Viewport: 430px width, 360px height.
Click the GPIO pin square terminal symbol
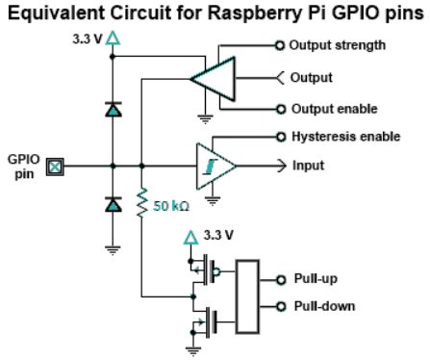click(x=56, y=167)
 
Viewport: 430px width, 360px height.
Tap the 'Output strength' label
click(x=337, y=44)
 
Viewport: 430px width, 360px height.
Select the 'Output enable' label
click(x=333, y=109)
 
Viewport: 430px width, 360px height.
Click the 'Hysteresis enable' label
click(x=344, y=137)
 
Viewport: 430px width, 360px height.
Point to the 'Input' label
click(x=308, y=166)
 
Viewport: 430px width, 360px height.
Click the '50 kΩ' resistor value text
click(x=173, y=205)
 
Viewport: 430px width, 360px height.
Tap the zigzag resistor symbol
click(x=141, y=203)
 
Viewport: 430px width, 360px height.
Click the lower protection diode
click(x=113, y=204)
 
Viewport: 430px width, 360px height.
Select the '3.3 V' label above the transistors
click(x=219, y=234)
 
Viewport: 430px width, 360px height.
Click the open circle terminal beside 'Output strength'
click(x=280, y=44)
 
